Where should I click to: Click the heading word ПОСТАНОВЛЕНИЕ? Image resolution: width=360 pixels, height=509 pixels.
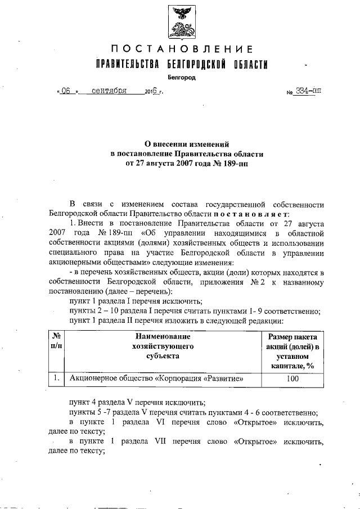tap(181, 48)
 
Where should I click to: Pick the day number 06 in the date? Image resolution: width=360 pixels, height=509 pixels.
tap(66, 91)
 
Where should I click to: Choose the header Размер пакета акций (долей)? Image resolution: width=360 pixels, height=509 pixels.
tap(291, 341)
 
